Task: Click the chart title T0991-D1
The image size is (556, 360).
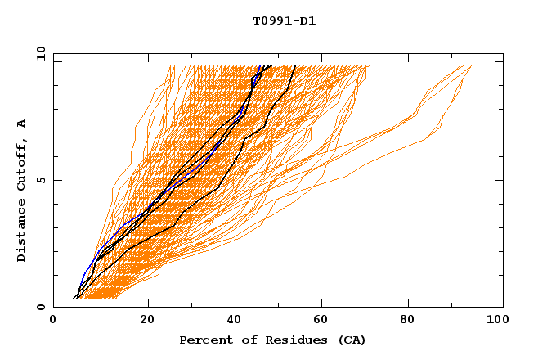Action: [284, 21]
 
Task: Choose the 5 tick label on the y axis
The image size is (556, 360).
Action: [40, 180]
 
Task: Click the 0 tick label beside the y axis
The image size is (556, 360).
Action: [40, 307]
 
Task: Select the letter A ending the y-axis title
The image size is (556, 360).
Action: [22, 123]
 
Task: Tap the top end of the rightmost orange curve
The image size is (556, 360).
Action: [471, 67]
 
